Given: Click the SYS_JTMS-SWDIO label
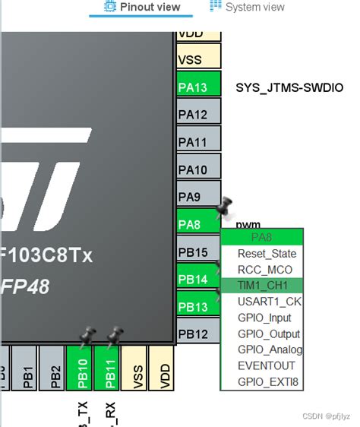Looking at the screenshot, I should (289, 88).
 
